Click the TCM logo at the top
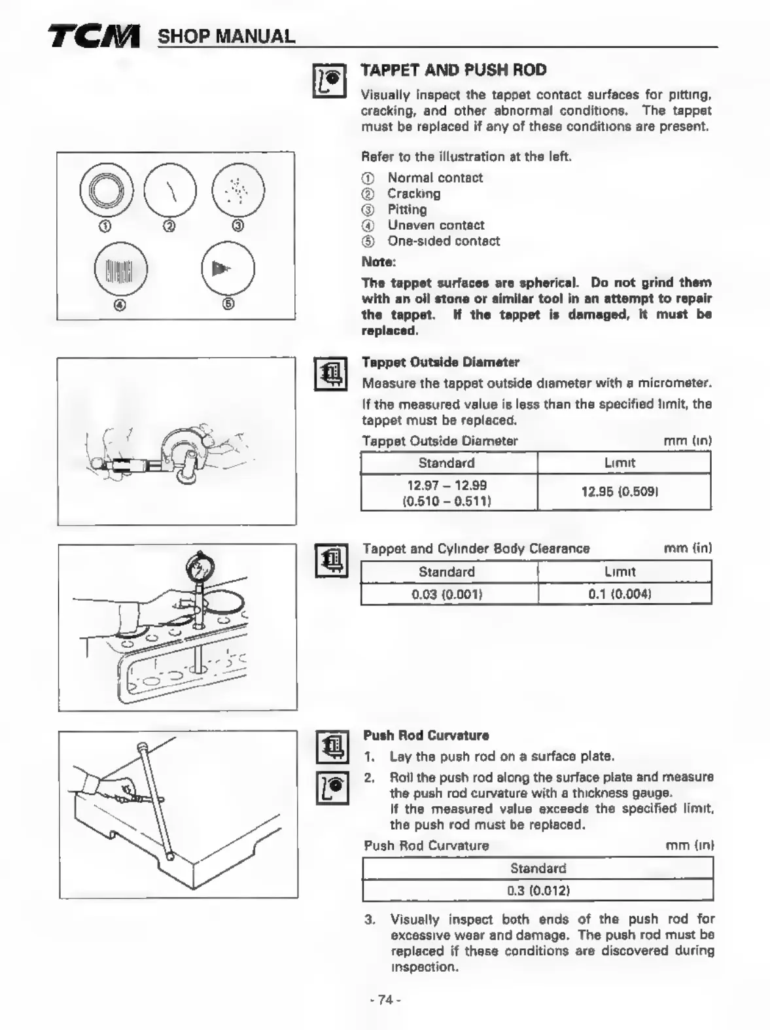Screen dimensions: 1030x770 pyautogui.click(x=94, y=36)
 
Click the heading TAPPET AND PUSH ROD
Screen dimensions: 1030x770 pyautogui.click(x=453, y=70)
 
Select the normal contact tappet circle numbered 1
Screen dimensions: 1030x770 pyautogui.click(x=106, y=190)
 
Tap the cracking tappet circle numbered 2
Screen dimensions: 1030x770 pyautogui.click(x=170, y=190)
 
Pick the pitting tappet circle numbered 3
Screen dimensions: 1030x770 pyautogui.click(x=238, y=190)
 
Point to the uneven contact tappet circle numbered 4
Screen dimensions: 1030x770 pyautogui.click(x=121, y=270)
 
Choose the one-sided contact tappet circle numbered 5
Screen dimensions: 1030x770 pyautogui.click(x=228, y=268)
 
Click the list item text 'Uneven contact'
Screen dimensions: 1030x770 pyautogui.click(x=436, y=225)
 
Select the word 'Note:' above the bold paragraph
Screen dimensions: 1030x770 pyautogui.click(x=379, y=262)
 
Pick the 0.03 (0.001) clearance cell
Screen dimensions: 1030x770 pyautogui.click(x=447, y=594)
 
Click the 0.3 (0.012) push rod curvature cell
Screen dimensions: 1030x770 pyautogui.click(x=538, y=891)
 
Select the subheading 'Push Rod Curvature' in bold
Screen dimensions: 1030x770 pyautogui.click(x=426, y=735)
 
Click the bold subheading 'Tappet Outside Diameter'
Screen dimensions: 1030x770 pyautogui.click(x=440, y=362)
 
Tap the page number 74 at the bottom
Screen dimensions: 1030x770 pyautogui.click(x=385, y=999)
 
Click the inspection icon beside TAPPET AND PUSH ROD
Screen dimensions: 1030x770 pyautogui.click(x=330, y=80)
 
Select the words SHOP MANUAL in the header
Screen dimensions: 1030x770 pyautogui.click(x=226, y=37)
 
